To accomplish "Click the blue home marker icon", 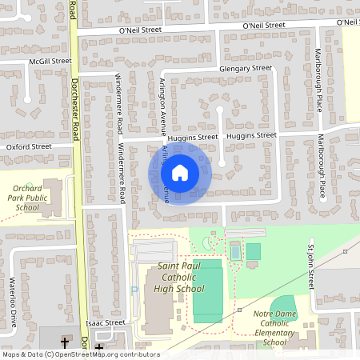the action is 179,172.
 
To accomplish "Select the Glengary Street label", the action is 246,70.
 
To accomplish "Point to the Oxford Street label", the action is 29,147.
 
